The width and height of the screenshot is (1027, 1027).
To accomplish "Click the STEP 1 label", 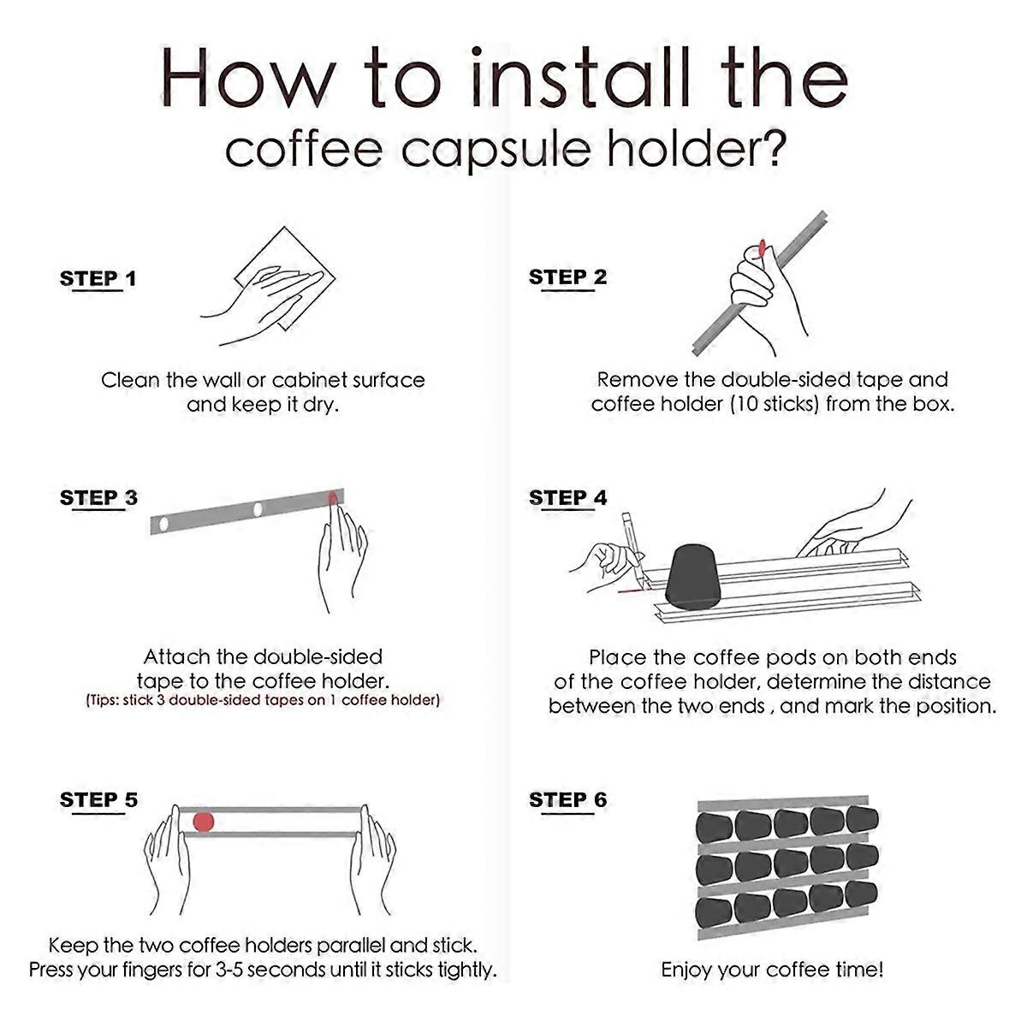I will [98, 279].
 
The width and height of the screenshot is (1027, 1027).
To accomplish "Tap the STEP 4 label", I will [567, 498].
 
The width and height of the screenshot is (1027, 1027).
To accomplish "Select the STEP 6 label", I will [567, 800].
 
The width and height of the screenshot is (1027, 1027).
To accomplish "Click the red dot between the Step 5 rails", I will [203, 822].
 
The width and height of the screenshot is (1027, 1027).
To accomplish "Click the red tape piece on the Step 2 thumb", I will [761, 249].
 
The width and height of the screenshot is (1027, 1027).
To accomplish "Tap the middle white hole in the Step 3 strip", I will [257, 510].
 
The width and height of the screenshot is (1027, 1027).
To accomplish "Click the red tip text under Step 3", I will [263, 700].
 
